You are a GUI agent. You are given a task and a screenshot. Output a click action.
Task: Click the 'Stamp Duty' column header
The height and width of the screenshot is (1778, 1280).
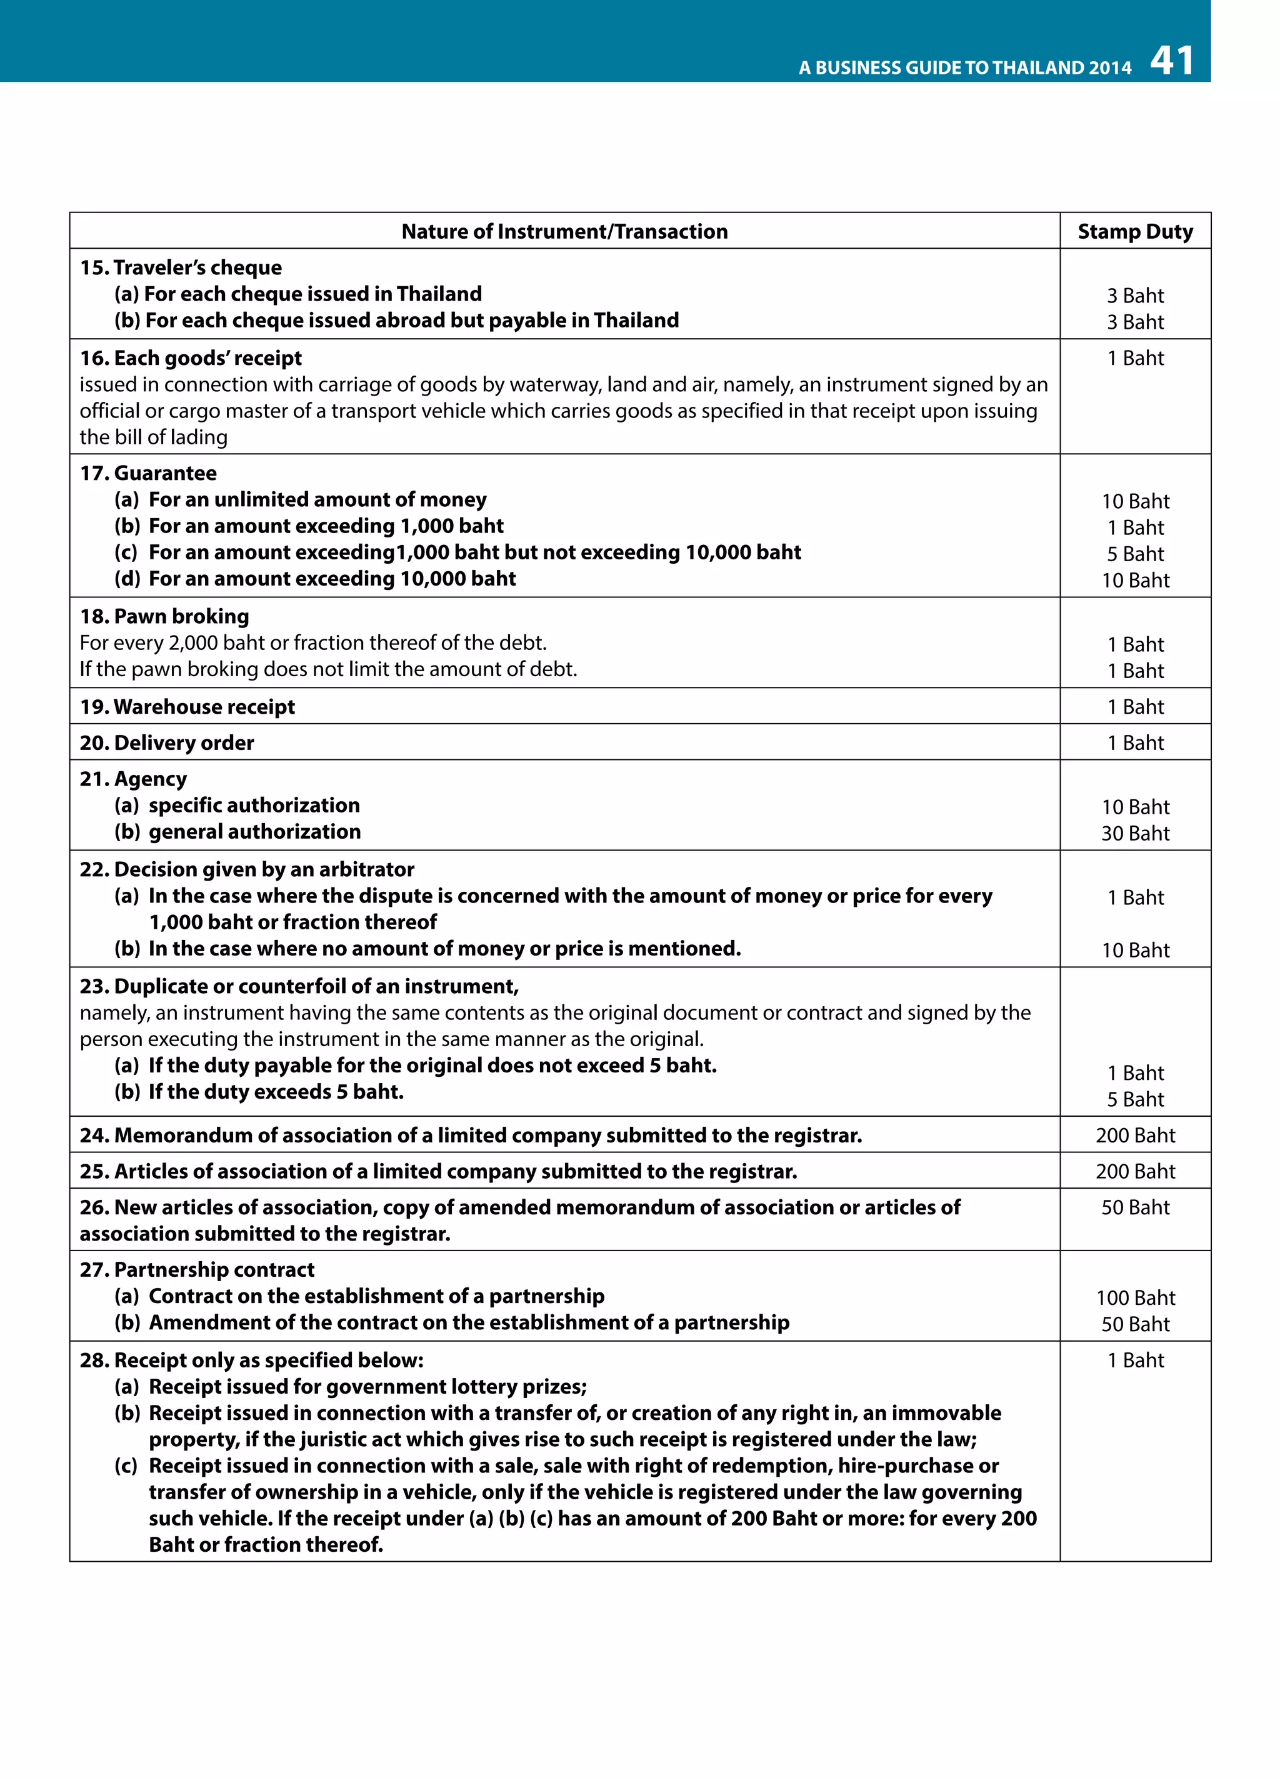click(1134, 231)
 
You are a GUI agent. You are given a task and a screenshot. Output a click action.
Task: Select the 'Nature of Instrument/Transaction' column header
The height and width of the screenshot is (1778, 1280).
click(564, 231)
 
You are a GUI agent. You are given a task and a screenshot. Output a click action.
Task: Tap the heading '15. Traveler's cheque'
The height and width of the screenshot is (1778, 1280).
click(181, 267)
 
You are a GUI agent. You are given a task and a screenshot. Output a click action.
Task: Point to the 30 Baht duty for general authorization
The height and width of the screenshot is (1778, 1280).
click(1134, 833)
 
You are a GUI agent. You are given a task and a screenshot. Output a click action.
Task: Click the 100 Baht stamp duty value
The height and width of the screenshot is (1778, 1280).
click(1134, 1297)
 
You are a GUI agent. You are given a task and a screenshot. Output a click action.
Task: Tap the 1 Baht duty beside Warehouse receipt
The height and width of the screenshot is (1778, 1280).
click(1134, 706)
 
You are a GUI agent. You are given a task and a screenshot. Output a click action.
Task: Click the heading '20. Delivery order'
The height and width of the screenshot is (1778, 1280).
click(167, 742)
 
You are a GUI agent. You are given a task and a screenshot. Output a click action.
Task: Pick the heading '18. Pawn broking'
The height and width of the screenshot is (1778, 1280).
click(164, 616)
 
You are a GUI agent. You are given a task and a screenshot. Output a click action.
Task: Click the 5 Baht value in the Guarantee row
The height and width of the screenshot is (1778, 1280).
click(1134, 554)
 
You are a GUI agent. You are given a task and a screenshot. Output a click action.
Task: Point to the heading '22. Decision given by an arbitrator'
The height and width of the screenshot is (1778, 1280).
click(247, 869)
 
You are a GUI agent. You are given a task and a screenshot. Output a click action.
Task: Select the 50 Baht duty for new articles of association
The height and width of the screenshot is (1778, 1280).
click(1134, 1207)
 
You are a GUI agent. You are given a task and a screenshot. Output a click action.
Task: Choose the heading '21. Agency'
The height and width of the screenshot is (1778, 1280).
click(133, 779)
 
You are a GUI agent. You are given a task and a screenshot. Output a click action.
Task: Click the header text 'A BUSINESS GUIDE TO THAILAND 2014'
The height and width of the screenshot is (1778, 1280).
click(964, 68)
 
